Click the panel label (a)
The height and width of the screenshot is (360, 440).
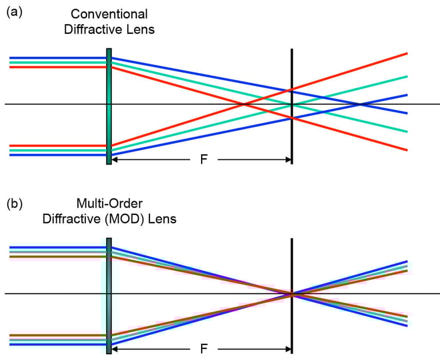tap(14, 11)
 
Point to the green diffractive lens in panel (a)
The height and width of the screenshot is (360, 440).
tap(109, 107)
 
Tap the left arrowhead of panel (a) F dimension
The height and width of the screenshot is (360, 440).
tap(115, 159)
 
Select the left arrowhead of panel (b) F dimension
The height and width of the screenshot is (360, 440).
tap(115, 349)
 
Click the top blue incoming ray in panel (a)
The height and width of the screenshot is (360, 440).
tap(57, 58)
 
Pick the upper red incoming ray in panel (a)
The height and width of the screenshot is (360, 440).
tap(57, 67)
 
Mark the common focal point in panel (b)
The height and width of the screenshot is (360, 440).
tap(292, 295)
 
